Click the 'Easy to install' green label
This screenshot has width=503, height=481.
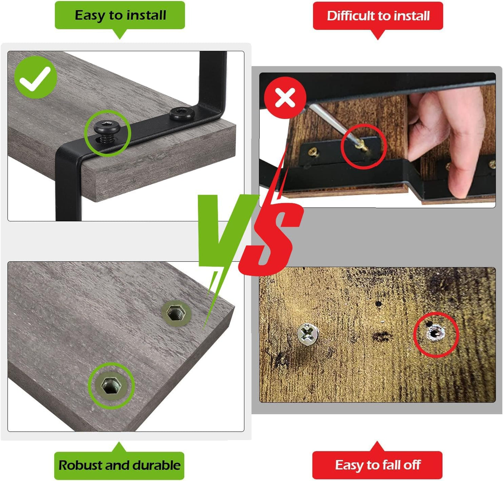click(x=120, y=15)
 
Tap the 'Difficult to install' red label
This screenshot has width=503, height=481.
click(x=378, y=16)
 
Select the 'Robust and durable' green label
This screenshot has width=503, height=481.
click(x=119, y=465)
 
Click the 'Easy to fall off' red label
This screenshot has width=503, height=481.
click(x=377, y=465)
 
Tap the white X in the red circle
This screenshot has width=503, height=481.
click(x=285, y=98)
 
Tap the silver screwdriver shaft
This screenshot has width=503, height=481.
click(x=333, y=124)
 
